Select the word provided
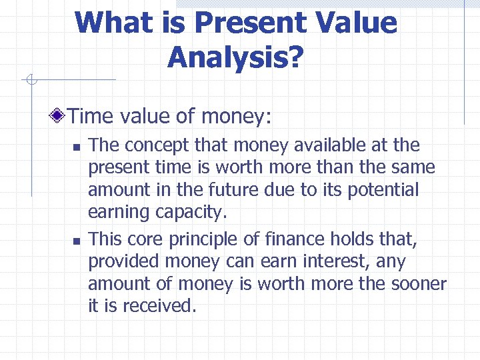tap(125, 261)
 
